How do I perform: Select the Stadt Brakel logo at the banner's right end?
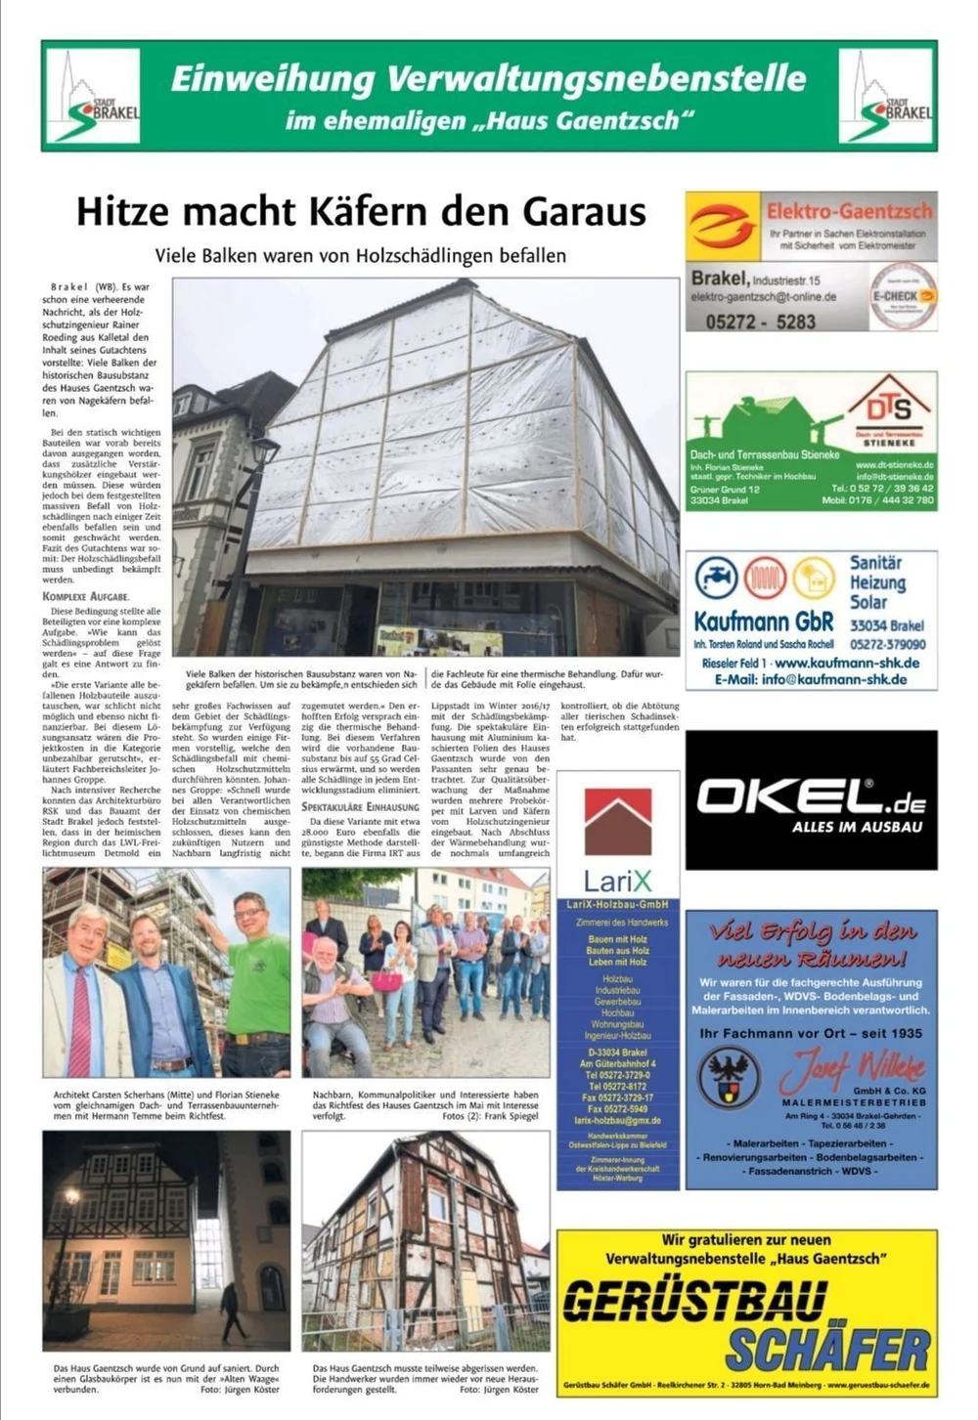click(x=887, y=96)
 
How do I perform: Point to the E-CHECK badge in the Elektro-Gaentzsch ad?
click(x=903, y=295)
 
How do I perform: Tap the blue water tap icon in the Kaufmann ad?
click(x=717, y=578)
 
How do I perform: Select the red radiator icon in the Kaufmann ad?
click(x=765, y=578)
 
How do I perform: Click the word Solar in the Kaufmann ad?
click(x=867, y=602)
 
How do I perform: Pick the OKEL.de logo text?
click(x=810, y=797)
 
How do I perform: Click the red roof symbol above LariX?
click(x=617, y=822)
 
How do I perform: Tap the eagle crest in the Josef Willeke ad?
click(x=730, y=1076)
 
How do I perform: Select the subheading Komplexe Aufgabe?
click(x=86, y=595)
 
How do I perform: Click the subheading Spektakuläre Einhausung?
click(x=360, y=807)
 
